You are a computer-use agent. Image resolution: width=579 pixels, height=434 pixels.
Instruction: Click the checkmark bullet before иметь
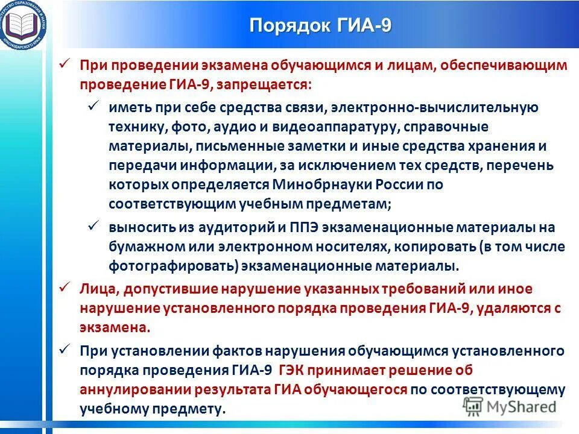click(94, 106)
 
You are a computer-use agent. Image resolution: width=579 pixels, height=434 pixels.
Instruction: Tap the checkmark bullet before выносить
click(94, 227)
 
